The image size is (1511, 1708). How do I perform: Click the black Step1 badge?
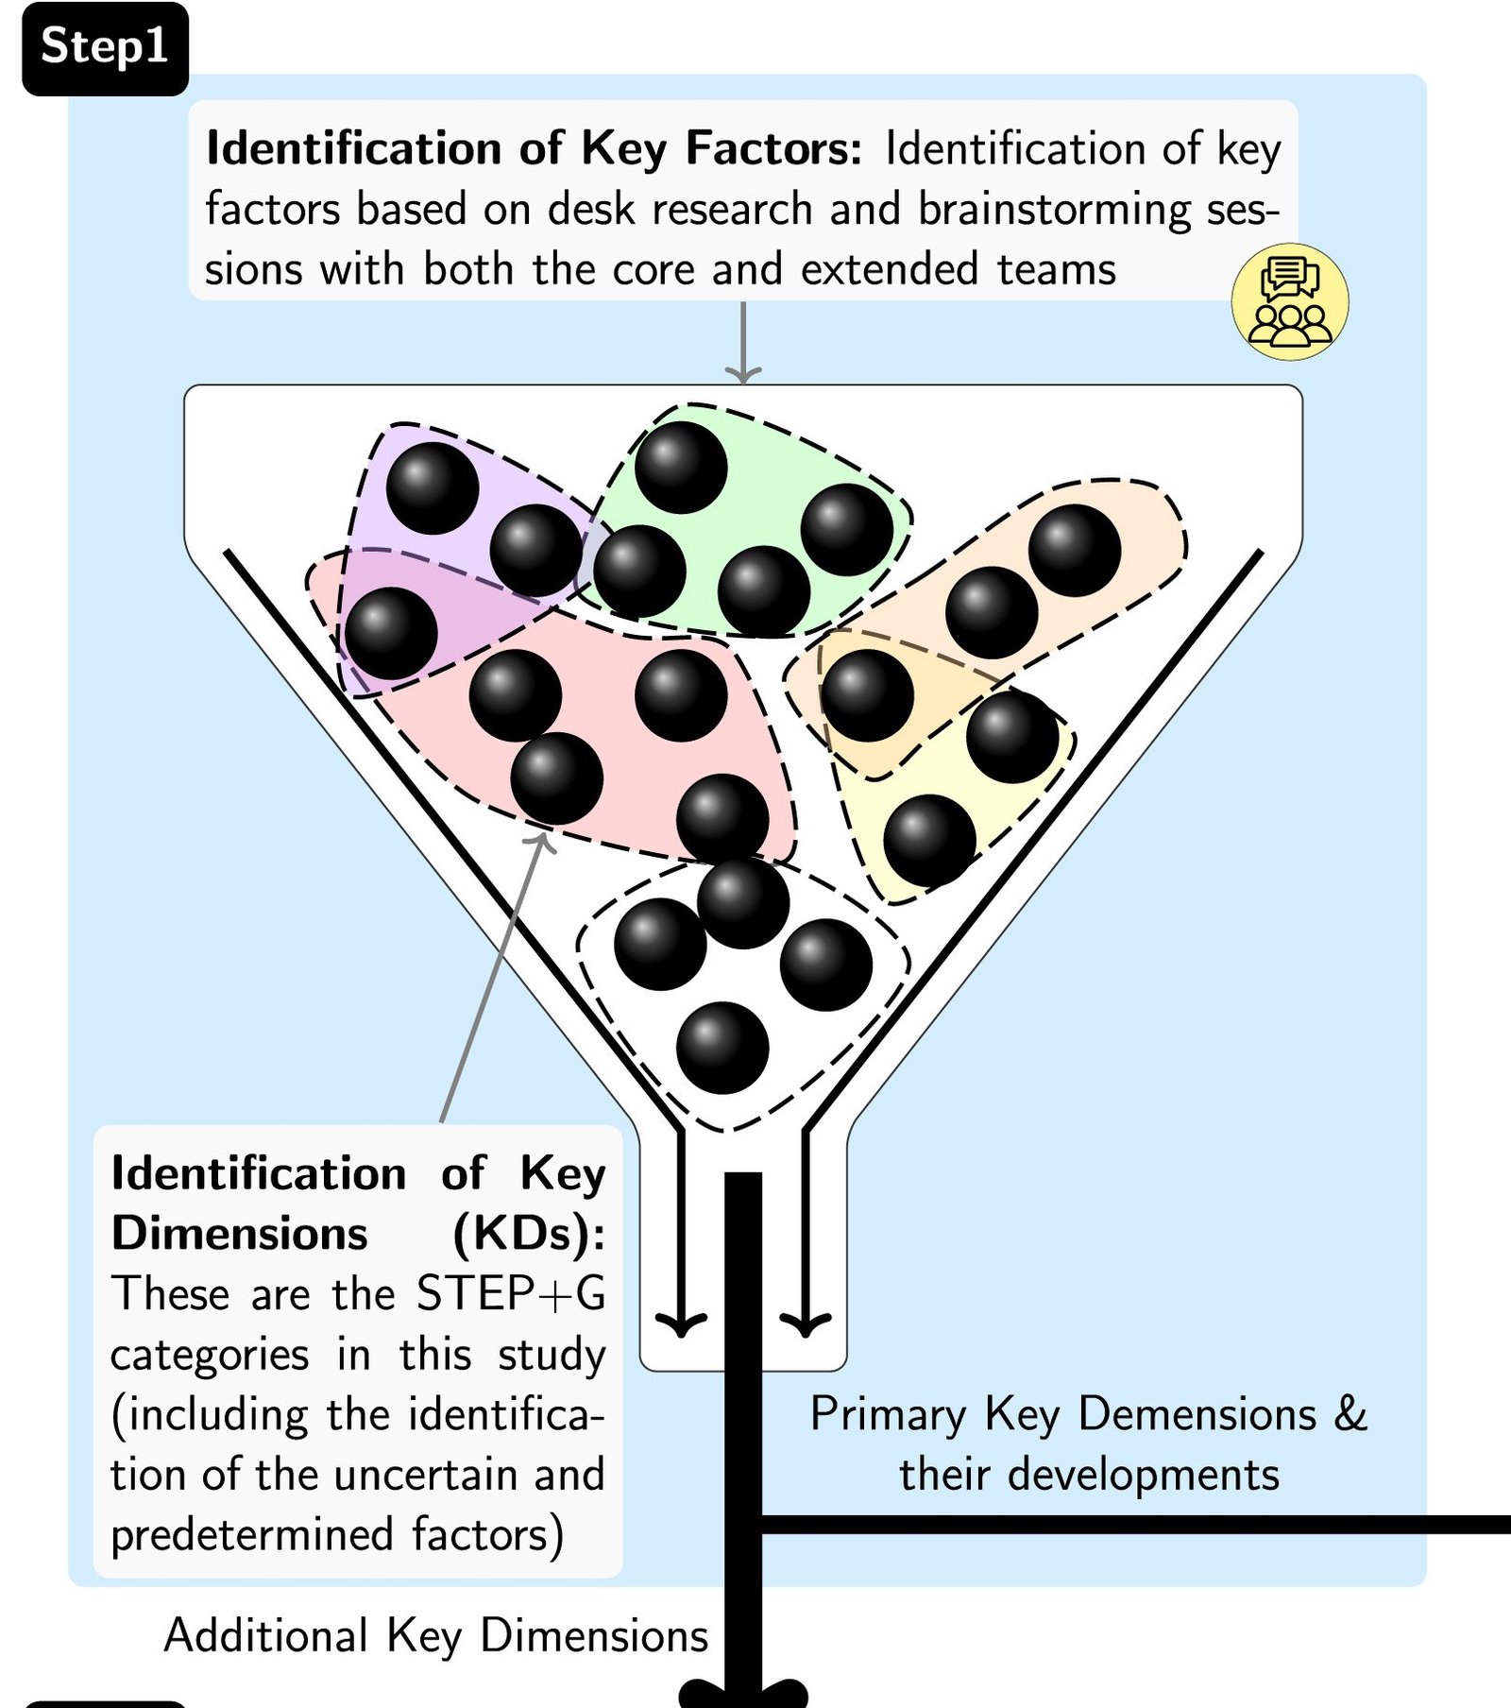(105, 47)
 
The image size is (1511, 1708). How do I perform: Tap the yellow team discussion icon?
(1290, 301)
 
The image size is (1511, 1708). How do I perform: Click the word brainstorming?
(1054, 210)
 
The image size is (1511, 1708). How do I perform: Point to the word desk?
(591, 210)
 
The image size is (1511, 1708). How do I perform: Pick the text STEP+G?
(511, 1293)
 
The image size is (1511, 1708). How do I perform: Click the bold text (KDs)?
(529, 1233)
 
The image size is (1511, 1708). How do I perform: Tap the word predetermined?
(251, 1535)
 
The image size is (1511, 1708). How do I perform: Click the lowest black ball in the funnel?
(722, 1048)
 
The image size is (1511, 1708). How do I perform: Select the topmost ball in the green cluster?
(681, 468)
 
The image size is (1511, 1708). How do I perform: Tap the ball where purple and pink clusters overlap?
(391, 633)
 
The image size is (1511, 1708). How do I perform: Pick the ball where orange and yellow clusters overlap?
(867, 695)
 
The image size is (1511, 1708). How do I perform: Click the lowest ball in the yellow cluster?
(929, 840)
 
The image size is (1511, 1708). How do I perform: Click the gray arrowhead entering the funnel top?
(743, 375)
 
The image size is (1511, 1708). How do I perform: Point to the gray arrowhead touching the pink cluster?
(543, 838)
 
